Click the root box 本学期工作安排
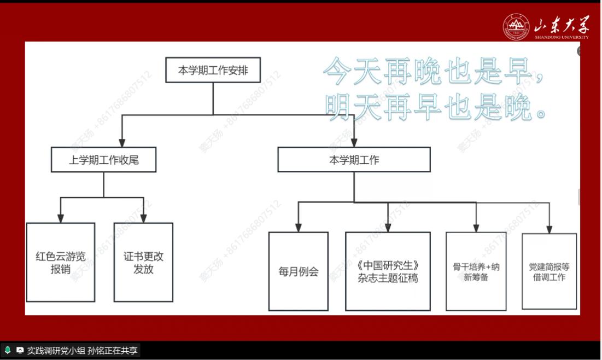tap(213, 70)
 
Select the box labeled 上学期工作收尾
tap(103, 160)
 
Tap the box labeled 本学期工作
tap(354, 160)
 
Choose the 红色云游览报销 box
tap(61, 262)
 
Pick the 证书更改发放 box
tap(144, 262)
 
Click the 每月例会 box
tap(299, 271)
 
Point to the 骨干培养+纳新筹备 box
tap(476, 271)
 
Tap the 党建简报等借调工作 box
tap(549, 271)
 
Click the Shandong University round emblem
tap(516, 27)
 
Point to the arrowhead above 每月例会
tap(299, 227)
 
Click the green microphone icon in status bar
tap(8, 350)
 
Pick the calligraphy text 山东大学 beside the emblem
tap(562, 25)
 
